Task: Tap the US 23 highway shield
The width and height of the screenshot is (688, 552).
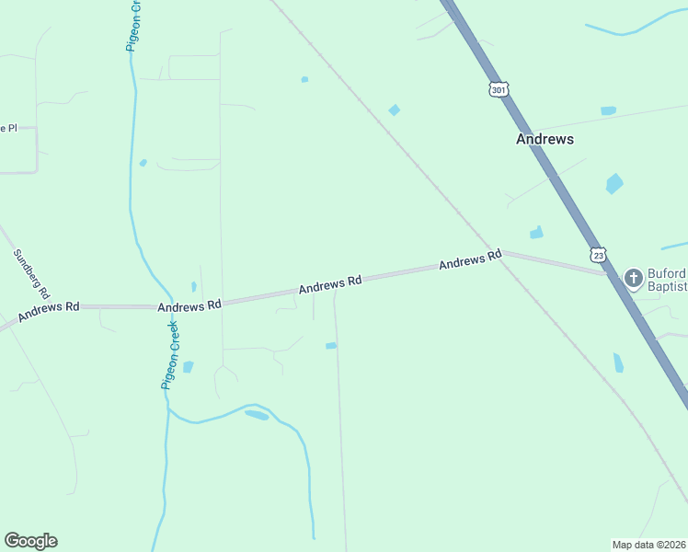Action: pos(599,254)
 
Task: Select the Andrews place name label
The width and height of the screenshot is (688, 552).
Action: pos(545,139)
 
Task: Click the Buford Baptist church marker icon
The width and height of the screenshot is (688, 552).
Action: pos(634,277)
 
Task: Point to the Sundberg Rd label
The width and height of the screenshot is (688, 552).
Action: pos(31,272)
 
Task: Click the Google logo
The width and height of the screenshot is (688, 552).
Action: pos(30,541)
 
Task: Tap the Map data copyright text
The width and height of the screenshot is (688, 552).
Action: pos(649,544)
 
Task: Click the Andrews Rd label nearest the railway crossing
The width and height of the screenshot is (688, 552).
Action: pos(470,260)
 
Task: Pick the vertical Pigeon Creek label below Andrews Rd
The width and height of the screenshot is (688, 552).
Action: pos(170,354)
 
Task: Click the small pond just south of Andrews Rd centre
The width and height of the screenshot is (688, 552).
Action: pos(331,346)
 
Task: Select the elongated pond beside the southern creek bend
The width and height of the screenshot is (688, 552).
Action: pos(257,415)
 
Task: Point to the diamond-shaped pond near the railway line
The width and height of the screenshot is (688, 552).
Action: pos(395,110)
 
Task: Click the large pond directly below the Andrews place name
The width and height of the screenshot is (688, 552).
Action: pos(614,183)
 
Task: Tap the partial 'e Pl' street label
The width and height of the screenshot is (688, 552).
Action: pos(8,128)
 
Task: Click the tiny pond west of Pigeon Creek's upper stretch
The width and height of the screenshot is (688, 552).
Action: pos(143,163)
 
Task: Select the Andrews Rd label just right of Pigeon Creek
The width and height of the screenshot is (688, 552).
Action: pos(189,305)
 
